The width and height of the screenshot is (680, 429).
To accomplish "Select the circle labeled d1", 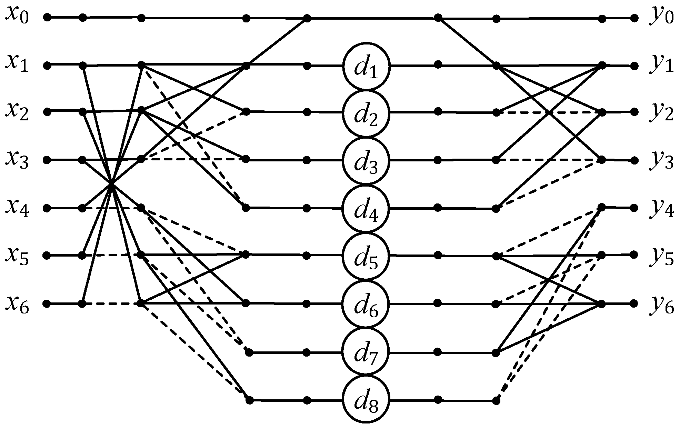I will (366, 66).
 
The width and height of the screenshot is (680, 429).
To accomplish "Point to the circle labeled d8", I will (366, 400).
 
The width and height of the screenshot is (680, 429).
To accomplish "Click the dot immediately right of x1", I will (48, 65).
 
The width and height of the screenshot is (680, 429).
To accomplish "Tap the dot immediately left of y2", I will (634, 112).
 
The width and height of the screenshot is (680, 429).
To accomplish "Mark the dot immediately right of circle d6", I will (438, 303).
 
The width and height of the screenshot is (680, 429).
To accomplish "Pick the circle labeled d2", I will (366, 113).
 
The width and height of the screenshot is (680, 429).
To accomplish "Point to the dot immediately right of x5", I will (48, 256).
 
